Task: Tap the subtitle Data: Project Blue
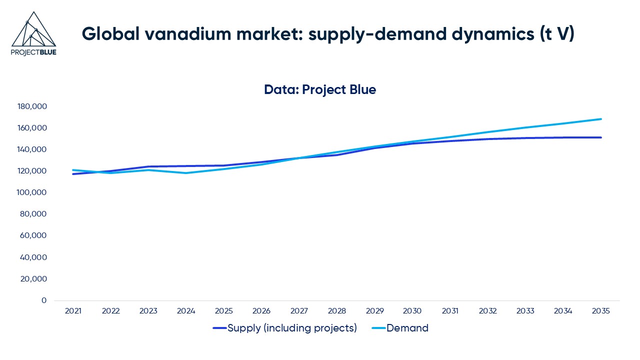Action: coord(320,90)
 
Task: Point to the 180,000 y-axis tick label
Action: coord(32,106)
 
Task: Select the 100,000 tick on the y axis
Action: coord(32,192)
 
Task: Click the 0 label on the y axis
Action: coord(44,300)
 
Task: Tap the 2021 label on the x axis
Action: coord(73,311)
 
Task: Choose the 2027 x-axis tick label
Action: coord(299,311)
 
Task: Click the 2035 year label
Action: coord(601,311)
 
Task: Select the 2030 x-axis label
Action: coord(412,311)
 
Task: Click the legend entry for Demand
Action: coord(407,328)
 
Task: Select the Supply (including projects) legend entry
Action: coord(292,328)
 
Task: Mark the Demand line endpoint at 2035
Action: coord(601,119)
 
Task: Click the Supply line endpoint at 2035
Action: coord(601,137)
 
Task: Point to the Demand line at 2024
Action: coord(186,173)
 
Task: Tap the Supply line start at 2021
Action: coord(73,174)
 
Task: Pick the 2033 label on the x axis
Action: coord(525,311)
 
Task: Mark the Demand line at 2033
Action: coord(525,128)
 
